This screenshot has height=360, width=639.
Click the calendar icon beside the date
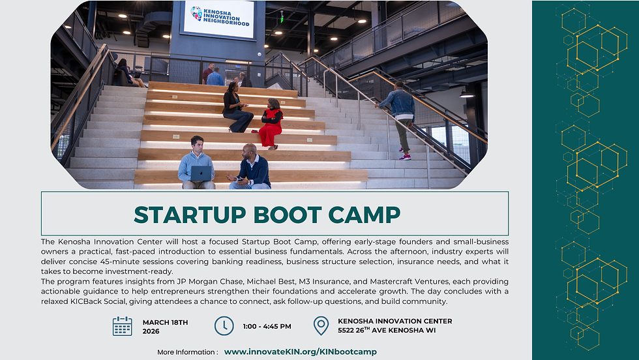pyautogui.click(x=122, y=326)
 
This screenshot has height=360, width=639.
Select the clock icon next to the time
pyautogui.click(x=224, y=326)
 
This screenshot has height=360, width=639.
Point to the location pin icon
pyautogui.click(x=321, y=326)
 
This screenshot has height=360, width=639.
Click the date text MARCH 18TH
pyautogui.click(x=165, y=322)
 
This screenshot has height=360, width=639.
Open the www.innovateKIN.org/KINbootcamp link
pyautogui.click(x=300, y=352)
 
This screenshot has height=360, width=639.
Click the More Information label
pyautogui.click(x=187, y=352)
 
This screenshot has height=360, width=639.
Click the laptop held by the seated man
pyautogui.click(x=201, y=173)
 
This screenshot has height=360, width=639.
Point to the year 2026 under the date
pyautogui.click(x=151, y=331)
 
